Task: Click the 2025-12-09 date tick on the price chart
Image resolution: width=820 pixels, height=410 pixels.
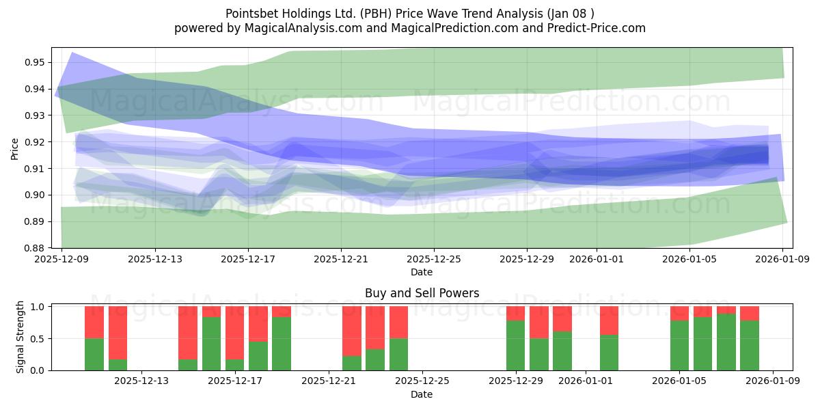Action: (61, 259)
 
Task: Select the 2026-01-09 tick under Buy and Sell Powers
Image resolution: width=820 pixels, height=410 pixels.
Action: (774, 381)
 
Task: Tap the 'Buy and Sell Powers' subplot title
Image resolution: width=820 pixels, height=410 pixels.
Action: (422, 293)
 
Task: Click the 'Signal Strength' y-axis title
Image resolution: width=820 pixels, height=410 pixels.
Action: (20, 337)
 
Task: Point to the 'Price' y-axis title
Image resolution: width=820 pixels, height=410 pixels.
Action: (15, 148)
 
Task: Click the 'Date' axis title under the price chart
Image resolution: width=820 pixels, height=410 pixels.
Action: (422, 272)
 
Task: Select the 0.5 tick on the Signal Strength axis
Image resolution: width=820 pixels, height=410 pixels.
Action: (38, 339)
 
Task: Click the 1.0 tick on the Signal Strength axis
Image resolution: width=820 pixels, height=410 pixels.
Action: (38, 307)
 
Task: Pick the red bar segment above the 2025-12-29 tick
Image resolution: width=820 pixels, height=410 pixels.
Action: (516, 313)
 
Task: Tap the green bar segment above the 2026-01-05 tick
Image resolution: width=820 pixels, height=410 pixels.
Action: (679, 345)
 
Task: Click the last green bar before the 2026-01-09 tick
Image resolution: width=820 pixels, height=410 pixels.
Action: (750, 345)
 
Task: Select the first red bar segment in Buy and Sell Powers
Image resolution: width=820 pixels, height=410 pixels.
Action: (94, 322)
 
